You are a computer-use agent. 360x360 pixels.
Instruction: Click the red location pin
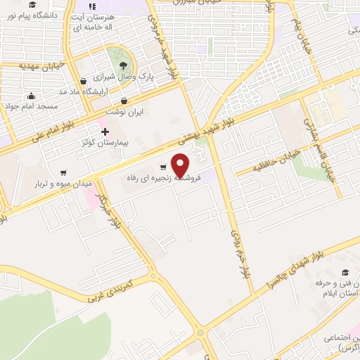click(x=181, y=165)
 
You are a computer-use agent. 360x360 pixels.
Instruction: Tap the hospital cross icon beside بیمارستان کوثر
click(x=105, y=131)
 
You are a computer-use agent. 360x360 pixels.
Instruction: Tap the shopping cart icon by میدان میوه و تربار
click(x=63, y=172)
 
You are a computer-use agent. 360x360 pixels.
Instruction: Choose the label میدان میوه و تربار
click(x=64, y=184)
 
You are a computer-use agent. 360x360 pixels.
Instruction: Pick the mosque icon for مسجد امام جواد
click(x=31, y=96)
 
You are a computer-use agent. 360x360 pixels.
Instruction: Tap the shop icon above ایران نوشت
click(x=124, y=101)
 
